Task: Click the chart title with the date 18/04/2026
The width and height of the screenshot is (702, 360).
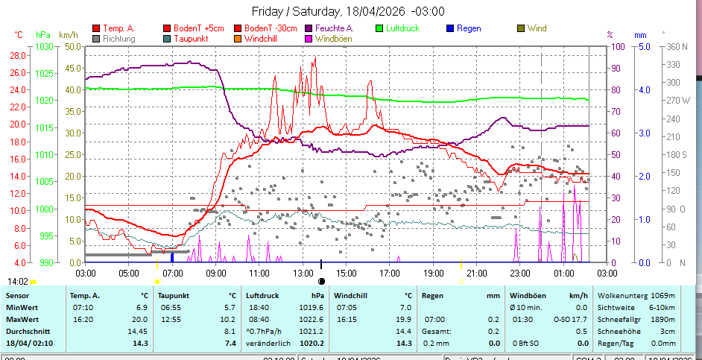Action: pos(348,11)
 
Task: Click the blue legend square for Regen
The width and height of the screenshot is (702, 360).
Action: pos(449,29)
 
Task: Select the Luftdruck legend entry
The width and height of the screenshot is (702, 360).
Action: pos(402,29)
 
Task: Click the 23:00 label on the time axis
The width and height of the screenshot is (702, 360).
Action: pos(520,274)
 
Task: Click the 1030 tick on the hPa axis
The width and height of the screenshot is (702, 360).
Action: pos(45,46)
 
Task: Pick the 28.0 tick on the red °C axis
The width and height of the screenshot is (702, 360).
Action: pos(18,56)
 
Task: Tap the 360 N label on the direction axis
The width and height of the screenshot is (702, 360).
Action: pos(676,46)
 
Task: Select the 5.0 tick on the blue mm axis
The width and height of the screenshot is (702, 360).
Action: pos(642,46)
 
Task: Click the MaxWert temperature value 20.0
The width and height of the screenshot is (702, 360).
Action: pos(140,319)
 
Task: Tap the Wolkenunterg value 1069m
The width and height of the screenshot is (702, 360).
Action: pos(663,295)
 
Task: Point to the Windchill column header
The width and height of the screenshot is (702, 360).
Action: pos(355,295)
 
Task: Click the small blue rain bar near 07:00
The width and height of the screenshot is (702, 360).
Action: pos(172,257)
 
